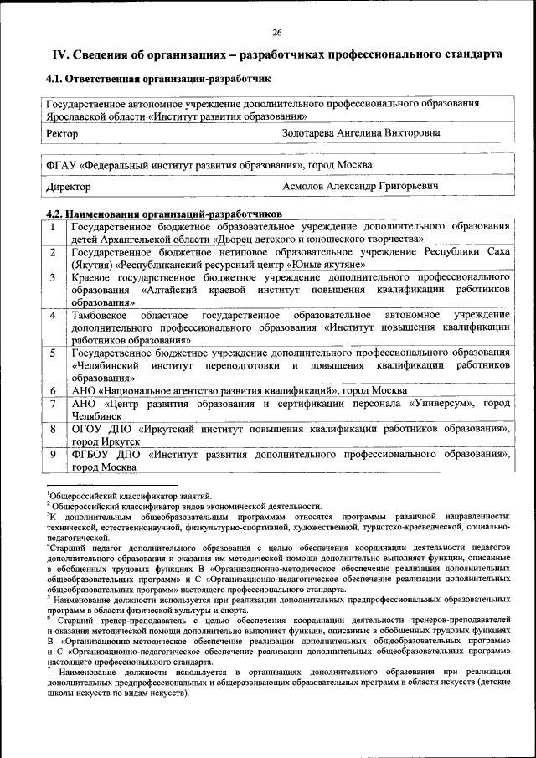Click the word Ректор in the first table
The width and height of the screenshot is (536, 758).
pos(63,133)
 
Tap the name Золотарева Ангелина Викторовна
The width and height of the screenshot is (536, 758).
pos(362,133)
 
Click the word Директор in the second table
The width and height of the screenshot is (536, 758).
pos(68,187)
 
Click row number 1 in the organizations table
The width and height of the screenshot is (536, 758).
pos(54,226)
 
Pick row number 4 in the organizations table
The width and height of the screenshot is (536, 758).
pos(54,315)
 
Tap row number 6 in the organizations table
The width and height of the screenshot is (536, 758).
pos(54,390)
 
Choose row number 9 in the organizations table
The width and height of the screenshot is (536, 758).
pos(54,454)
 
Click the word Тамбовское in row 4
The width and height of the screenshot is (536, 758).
pos(99,315)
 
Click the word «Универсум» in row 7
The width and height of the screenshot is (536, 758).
pos(445,404)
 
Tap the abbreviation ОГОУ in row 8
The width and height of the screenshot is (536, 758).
pos(87,429)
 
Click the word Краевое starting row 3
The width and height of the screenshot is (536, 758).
pos(92,277)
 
